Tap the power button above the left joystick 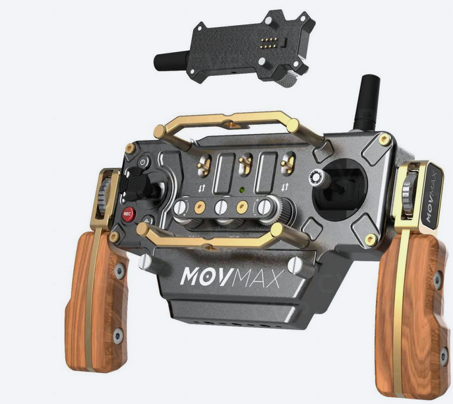tap(143, 162)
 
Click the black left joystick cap tap(131, 184)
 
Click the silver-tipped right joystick tap(317, 177)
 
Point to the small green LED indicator tap(242, 190)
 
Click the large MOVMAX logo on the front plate tap(230, 277)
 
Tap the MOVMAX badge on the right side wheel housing tap(432, 197)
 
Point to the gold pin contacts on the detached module tap(268, 42)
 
